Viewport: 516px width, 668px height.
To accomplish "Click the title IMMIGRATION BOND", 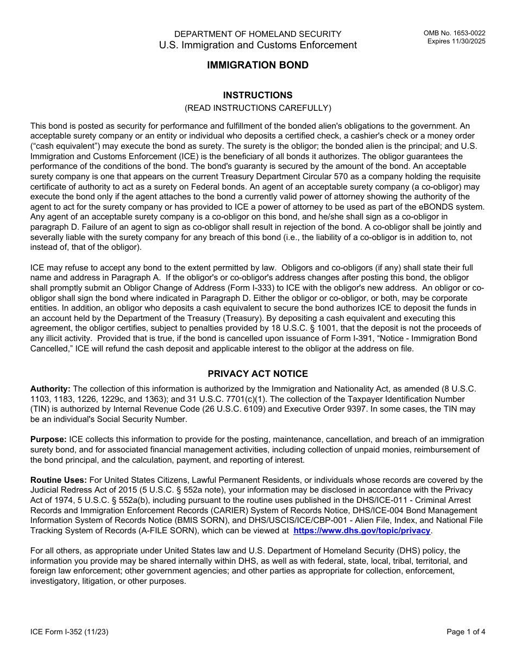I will tap(257, 65).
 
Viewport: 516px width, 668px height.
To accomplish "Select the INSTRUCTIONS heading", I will tap(257, 95).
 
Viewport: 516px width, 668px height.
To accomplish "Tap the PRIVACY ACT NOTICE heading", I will tap(257, 374).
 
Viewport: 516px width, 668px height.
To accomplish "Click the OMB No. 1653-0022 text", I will tap(455, 34).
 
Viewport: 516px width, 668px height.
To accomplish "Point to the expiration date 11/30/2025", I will tap(468, 41).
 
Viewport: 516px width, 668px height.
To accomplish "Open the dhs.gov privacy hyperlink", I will tap(362, 531).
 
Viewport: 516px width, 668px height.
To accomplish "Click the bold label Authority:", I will tap(50, 389).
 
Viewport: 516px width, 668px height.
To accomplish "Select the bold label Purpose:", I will tap(48, 439).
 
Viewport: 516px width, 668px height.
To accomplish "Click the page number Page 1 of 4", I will tap(466, 632).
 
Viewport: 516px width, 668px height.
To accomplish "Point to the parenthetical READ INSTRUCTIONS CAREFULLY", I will tap(257, 108).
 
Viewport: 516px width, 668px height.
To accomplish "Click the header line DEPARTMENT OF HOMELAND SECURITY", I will tap(257, 34).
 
